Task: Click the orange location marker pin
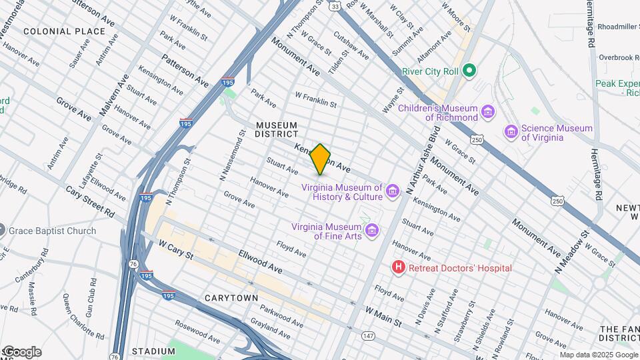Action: click(321, 159)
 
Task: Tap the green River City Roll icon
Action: click(469, 70)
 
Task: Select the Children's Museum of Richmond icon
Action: click(488, 112)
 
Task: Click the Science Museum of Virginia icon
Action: click(511, 132)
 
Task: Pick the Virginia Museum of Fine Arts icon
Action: click(373, 231)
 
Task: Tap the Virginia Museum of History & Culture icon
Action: click(393, 192)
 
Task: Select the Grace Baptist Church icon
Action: click(3, 231)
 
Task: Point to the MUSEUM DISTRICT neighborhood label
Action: click(277, 129)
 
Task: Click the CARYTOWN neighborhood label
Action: click(231, 297)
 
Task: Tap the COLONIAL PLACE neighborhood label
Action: click(64, 31)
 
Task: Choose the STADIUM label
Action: click(153, 351)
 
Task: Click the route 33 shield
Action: click(334, 6)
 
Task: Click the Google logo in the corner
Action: click(21, 352)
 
